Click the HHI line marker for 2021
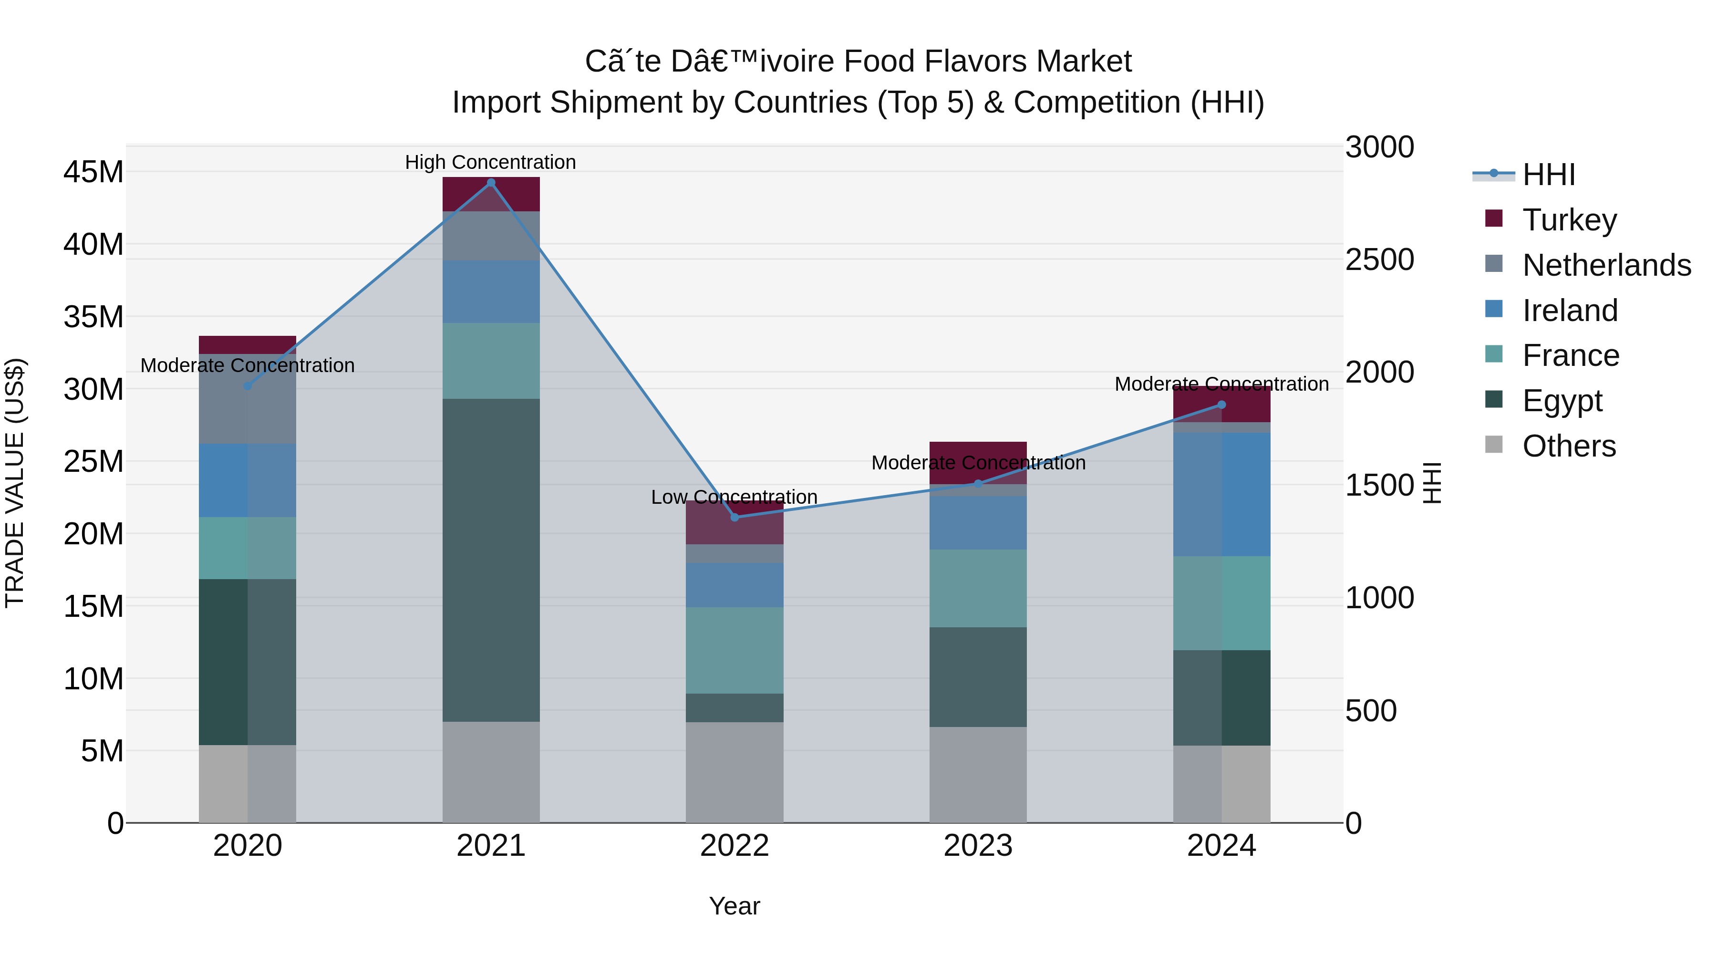coord(491,183)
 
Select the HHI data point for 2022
coord(734,517)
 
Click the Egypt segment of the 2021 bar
coord(491,560)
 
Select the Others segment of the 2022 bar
coord(734,772)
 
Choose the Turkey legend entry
coord(1569,220)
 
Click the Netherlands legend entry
coord(1606,265)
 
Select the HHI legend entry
coord(1548,175)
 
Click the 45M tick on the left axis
coord(93,172)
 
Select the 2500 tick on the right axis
coord(1379,260)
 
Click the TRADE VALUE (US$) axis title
coord(15,483)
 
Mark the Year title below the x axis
coord(734,906)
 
